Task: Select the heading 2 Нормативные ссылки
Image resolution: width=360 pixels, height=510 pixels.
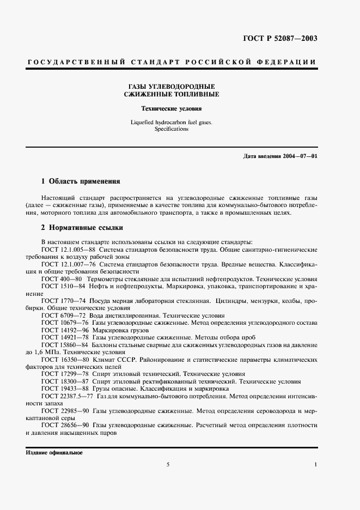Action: coord(82,227)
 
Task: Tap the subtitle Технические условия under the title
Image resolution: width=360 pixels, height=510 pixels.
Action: coord(172,108)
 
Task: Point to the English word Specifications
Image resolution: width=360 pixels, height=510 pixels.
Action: coord(172,129)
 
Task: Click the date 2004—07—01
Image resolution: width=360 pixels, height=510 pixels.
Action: coord(298,156)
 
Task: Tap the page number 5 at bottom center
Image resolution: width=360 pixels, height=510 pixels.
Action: coord(168,464)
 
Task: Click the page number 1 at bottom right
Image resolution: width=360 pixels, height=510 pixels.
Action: coord(316,464)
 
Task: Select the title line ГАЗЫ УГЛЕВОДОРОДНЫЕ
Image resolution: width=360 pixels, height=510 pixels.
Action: coord(172,86)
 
